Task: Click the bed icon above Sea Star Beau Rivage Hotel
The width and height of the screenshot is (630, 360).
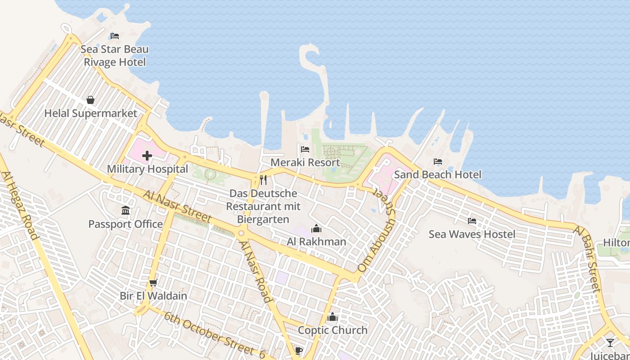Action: [115, 36]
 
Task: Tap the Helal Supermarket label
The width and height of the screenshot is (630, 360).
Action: [90, 113]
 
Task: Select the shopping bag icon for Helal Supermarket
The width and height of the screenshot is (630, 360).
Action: [90, 100]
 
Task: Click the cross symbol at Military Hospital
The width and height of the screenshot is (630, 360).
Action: [147, 156]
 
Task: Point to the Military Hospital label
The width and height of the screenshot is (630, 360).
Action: [147, 169]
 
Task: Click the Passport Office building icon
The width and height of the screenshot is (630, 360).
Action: [126, 211]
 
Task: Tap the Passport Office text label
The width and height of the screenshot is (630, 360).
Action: [126, 224]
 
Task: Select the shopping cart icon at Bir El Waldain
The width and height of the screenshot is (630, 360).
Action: [153, 283]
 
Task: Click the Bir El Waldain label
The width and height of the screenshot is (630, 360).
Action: [153, 296]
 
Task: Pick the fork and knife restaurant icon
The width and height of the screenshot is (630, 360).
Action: [263, 180]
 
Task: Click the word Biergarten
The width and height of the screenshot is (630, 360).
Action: [263, 219]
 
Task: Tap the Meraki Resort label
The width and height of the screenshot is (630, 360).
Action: [305, 162]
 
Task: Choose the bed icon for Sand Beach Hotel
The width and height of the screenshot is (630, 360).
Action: [438, 162]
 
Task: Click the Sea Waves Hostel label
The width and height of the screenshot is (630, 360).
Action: [472, 234]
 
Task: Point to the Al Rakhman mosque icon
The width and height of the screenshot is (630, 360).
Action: [316, 229]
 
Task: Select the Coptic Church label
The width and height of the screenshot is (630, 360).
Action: [333, 330]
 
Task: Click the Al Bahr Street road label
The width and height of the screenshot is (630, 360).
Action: [588, 259]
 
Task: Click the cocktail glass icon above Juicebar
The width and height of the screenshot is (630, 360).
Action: [610, 343]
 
